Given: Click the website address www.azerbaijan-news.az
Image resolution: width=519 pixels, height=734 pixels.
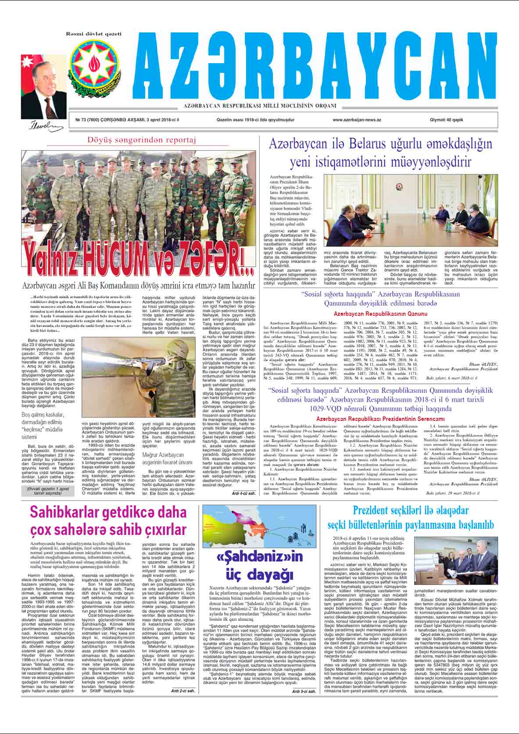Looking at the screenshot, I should click(x=357, y=120).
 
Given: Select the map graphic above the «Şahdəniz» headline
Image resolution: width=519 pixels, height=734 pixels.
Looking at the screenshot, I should click(x=260, y=526).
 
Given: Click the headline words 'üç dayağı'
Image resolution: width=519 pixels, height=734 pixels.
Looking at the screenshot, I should click(x=260, y=574).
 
